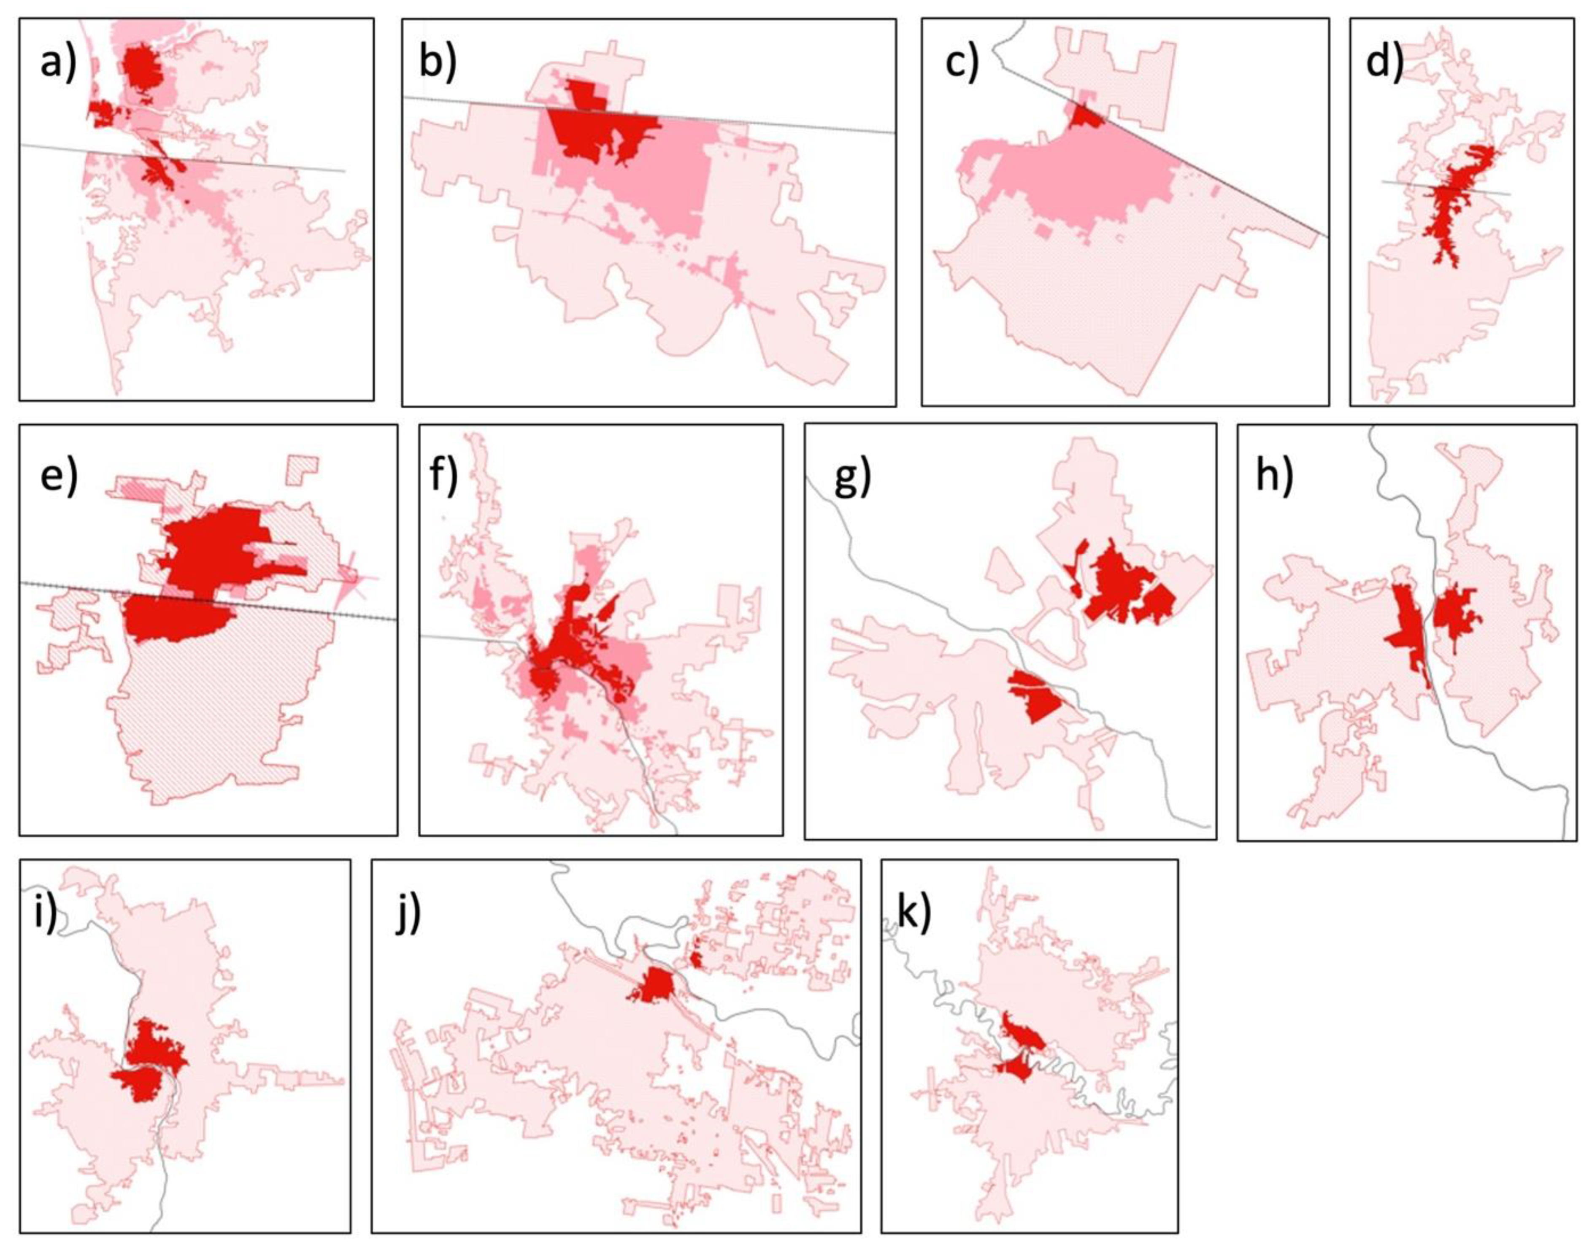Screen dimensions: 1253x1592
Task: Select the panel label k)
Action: [914, 911]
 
